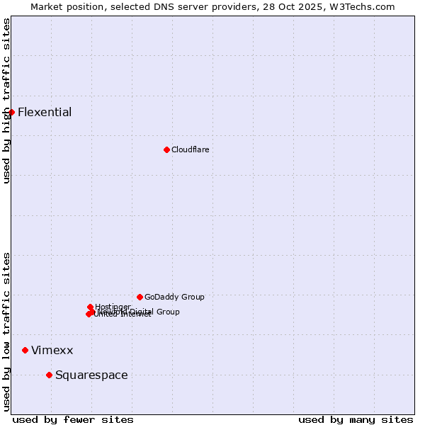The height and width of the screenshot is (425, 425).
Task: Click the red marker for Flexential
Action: (11, 112)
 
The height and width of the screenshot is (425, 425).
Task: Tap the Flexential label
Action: (45, 112)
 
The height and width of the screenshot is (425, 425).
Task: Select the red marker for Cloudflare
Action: (166, 149)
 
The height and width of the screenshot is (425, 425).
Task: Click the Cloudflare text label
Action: (190, 149)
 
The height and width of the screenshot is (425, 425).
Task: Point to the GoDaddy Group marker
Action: (140, 297)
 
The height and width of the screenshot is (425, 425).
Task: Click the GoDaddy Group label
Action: (174, 297)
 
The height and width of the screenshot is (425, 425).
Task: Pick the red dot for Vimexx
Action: (25, 350)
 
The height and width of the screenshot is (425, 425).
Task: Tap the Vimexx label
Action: (52, 351)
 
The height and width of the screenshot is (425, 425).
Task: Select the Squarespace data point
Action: (49, 375)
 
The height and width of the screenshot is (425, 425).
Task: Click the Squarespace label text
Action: (91, 375)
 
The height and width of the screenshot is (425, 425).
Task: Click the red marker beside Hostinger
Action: (90, 307)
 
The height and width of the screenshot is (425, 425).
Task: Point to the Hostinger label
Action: (113, 307)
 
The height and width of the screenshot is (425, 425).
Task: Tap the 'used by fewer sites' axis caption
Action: (73, 419)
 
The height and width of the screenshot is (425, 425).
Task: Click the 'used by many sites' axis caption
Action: (356, 419)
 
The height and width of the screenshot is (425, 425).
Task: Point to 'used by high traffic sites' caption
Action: (6, 101)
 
